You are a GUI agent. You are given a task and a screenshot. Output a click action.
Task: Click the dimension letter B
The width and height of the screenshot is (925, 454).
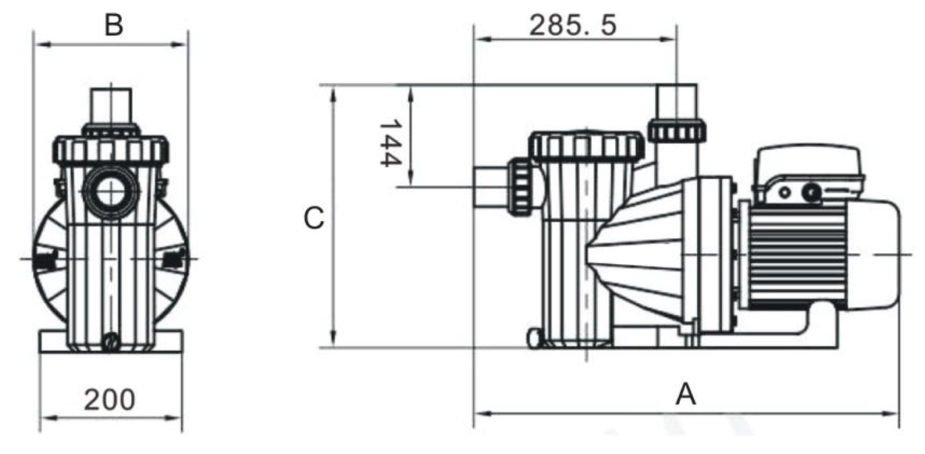pyautogui.click(x=113, y=25)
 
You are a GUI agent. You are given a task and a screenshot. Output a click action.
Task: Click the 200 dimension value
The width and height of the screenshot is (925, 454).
pyautogui.click(x=110, y=399)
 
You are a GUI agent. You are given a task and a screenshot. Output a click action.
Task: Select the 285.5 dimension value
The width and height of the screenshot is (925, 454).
pyautogui.click(x=573, y=25)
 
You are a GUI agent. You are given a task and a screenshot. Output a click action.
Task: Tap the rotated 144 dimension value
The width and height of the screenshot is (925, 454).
pyautogui.click(x=390, y=144)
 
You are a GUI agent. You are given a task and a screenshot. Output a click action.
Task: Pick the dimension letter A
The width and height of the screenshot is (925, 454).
pyautogui.click(x=685, y=395)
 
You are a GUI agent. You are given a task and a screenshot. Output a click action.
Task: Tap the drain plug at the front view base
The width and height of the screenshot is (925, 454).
pyautogui.click(x=110, y=341)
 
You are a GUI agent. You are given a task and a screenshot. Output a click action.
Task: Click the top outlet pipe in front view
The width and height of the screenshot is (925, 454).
pyautogui.click(x=110, y=105)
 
